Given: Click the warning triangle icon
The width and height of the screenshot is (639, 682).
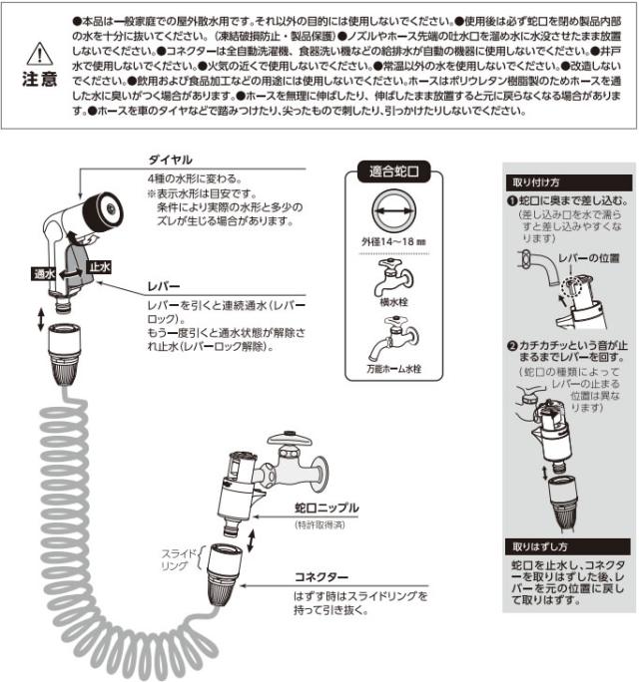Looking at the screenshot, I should pos(37,52).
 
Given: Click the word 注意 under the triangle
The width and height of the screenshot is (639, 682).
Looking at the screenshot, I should pos(37,77).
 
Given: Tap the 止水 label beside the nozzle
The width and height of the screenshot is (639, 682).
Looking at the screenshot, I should pos(100,266).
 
